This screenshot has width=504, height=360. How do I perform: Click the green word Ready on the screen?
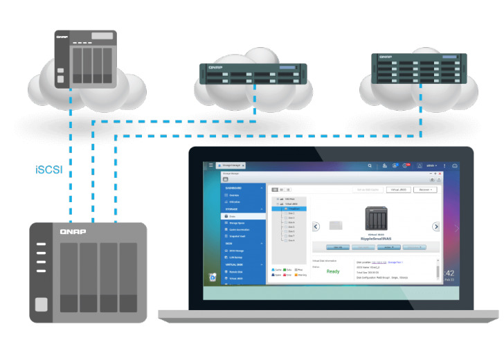coord(332,271)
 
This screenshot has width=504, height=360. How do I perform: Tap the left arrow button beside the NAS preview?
coord(316,226)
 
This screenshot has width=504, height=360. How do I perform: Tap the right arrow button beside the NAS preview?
coord(436,226)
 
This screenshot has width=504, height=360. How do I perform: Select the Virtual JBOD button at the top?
coord(400,189)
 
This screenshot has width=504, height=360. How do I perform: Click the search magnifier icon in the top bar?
coord(370,166)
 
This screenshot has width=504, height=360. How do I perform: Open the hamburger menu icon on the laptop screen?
coord(211,166)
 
